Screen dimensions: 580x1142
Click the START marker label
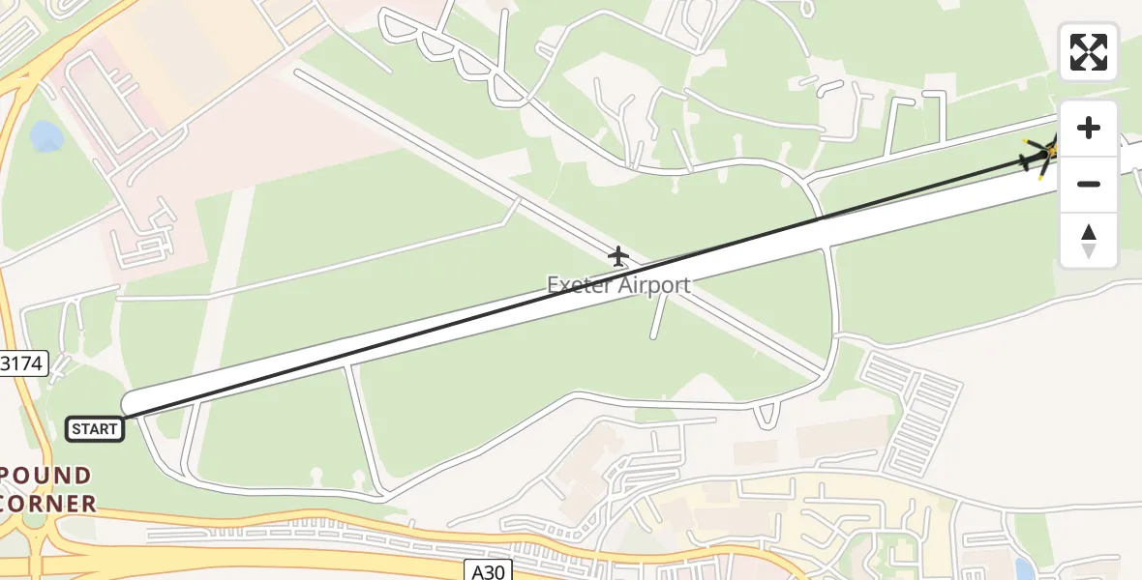95,429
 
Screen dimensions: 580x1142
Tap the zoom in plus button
1089,129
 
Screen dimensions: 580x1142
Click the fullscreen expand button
1089,52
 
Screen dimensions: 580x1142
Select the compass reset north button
1089,241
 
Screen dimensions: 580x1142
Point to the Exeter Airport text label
618,285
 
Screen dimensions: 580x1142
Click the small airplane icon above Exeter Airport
618,256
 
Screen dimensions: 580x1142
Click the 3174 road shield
21,364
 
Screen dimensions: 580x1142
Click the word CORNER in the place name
48,504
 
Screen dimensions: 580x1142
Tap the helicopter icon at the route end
1042,155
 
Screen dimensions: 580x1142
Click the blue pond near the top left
46,136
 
